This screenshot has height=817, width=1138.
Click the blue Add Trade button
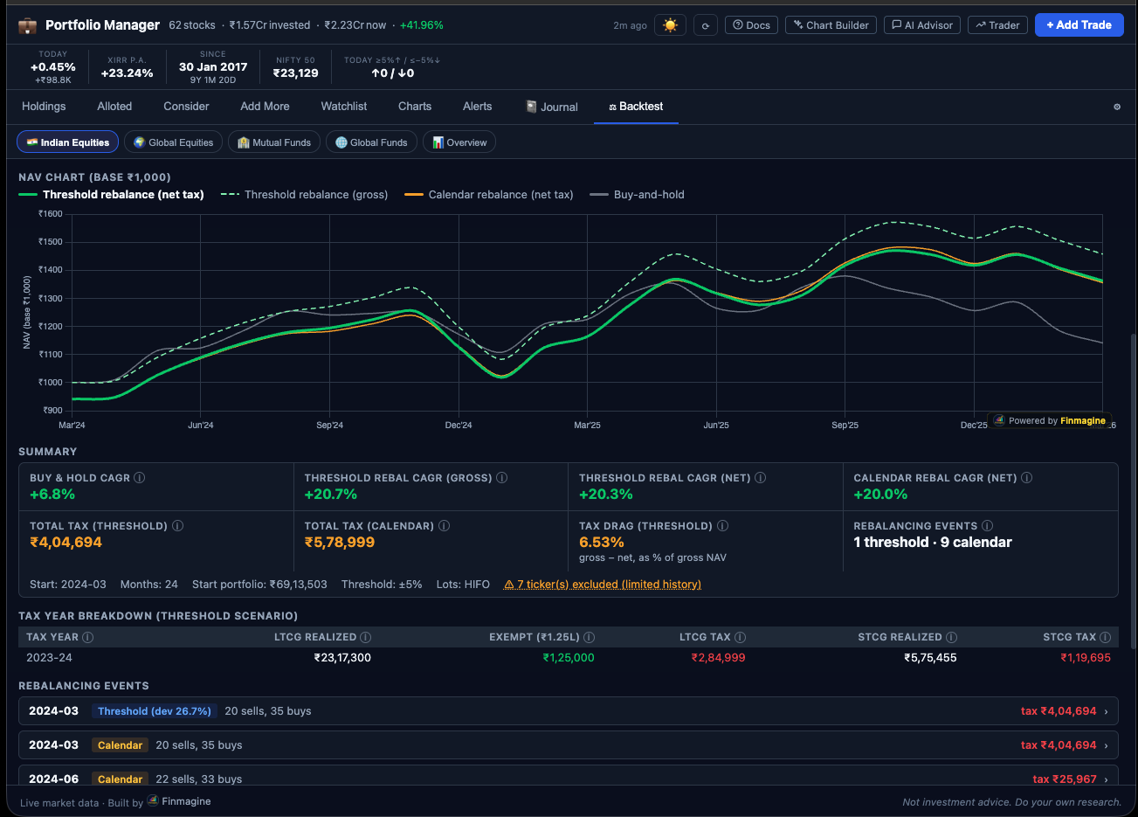pos(1079,25)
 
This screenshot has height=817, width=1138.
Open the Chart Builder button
pos(831,25)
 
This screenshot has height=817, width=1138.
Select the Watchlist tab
pos(343,107)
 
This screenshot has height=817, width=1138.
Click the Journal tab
pos(552,107)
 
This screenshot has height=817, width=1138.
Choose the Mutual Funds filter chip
pos(274,142)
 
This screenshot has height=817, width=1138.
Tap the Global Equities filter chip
pos(173,142)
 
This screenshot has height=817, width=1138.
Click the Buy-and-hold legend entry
pos(648,195)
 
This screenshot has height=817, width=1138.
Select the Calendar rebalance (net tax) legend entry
pos(500,195)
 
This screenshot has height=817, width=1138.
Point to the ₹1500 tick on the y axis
pos(51,242)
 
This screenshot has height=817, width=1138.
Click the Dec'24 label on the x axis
pos(459,426)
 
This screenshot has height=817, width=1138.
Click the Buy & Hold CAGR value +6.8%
pos(52,495)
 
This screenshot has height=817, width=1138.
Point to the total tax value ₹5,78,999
pos(339,543)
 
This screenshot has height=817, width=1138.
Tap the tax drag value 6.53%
pos(601,543)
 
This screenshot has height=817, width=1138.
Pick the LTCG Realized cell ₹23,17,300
pos(342,658)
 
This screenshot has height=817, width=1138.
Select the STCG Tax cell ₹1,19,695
pos(1085,658)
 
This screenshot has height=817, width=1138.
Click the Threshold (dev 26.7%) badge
pos(155,711)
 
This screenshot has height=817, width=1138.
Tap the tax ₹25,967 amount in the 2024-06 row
pos(1064,779)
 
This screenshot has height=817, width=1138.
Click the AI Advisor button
pos(921,25)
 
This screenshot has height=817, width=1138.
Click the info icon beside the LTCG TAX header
pos(740,638)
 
